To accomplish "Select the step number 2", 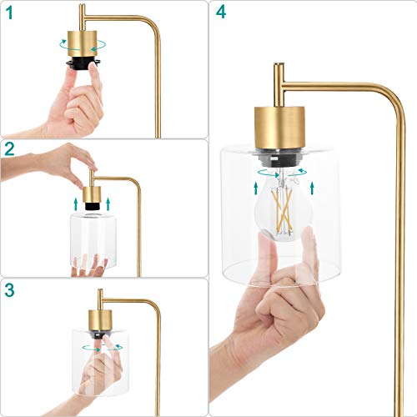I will pos(9,150).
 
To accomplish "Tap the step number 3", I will pos(9,291).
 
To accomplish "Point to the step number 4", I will pos(219,12).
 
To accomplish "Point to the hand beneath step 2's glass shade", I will pos(90,267).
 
